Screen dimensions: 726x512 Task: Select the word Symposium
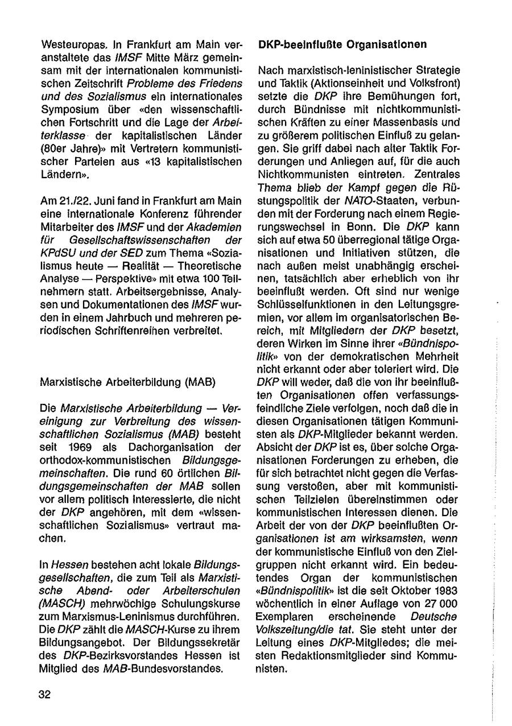coord(67,108)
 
